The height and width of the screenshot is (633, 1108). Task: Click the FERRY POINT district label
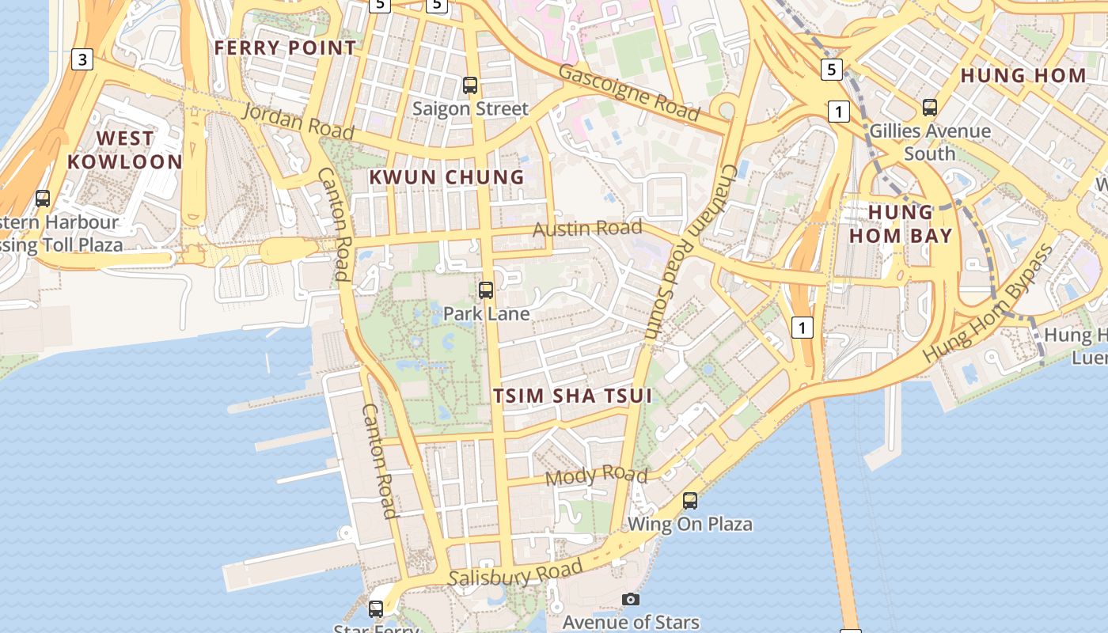[286, 47]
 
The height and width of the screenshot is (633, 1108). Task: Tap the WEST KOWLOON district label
[125, 150]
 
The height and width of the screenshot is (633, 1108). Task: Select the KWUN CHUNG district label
[447, 177]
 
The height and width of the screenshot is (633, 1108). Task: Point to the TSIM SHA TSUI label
[573, 396]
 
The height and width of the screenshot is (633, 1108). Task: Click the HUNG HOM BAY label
[901, 224]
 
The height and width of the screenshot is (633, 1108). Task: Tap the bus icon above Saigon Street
[470, 85]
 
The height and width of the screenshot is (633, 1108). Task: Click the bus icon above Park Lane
[486, 290]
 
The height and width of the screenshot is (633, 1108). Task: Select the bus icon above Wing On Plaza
[690, 500]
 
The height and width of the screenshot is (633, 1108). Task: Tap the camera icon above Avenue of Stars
[631, 599]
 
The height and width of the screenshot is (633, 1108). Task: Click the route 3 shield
[82, 59]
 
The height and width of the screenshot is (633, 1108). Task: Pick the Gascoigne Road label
[630, 92]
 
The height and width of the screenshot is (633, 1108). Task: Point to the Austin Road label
[587, 229]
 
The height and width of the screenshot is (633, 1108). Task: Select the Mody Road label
[597, 476]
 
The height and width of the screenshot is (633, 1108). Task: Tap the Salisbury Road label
[516, 574]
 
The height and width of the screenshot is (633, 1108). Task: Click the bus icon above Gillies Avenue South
[930, 107]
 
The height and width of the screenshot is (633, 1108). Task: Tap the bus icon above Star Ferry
[376, 609]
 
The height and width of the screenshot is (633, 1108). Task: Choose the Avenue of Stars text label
[631, 623]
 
